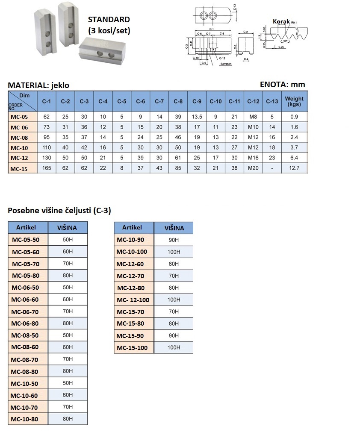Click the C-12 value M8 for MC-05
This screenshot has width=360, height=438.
pyautogui.click(x=253, y=117)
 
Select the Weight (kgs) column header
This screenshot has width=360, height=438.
pyautogui.click(x=294, y=101)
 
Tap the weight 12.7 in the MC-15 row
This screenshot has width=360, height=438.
pyautogui.click(x=294, y=168)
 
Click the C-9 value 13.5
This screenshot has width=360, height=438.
pyautogui.click(x=197, y=117)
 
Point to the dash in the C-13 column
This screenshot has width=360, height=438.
pyautogui.click(x=272, y=168)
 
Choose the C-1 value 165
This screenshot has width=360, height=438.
pyautogui.click(x=46, y=168)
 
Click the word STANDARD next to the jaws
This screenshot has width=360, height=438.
pyautogui.click(x=109, y=20)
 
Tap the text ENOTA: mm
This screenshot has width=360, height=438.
pyautogui.click(x=283, y=84)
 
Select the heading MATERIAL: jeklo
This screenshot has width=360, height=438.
pyautogui.click(x=38, y=85)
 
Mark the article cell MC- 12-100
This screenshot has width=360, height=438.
pyautogui.click(x=133, y=300)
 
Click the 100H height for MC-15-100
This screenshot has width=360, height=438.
pyautogui.click(x=174, y=348)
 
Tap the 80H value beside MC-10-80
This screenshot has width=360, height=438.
pyautogui.click(x=68, y=419)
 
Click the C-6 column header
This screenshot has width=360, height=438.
pyautogui.click(x=140, y=101)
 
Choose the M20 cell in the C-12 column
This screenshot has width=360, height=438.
pyautogui.click(x=253, y=168)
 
